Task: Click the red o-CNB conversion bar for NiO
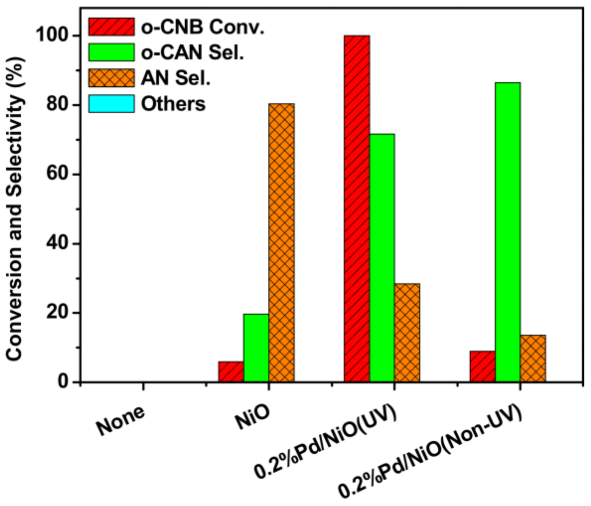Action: (231, 371)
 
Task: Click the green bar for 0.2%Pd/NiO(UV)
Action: (382, 258)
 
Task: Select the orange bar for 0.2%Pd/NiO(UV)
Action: (407, 332)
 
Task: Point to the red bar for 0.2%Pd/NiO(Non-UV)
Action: (482, 366)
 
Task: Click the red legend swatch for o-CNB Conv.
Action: (111, 27)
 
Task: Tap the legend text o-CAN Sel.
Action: (192, 53)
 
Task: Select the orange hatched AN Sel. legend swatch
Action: (111, 78)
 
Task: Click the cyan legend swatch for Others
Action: (111, 103)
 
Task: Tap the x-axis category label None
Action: (120, 421)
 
